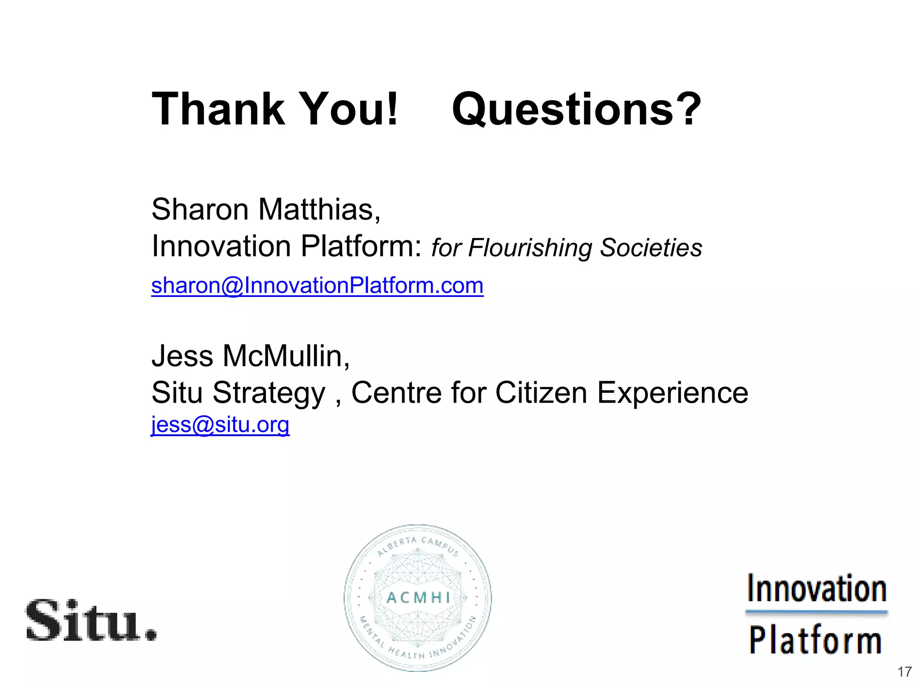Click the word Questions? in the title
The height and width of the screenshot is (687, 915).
click(x=576, y=110)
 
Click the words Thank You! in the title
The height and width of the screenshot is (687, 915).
click(x=274, y=109)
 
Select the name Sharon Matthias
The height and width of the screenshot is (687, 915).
click(x=265, y=209)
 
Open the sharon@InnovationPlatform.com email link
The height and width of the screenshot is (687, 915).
click(x=317, y=286)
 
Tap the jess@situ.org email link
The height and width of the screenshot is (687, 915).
click(x=220, y=425)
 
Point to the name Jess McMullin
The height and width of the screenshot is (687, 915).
click(x=250, y=356)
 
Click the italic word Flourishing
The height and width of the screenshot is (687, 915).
click(x=530, y=248)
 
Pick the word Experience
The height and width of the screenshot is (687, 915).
click(x=672, y=394)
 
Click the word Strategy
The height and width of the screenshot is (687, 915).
click(x=269, y=394)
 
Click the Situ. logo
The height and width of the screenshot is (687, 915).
click(x=91, y=620)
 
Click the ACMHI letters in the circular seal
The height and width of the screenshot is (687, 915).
click(x=418, y=598)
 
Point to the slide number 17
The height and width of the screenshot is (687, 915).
click(x=904, y=672)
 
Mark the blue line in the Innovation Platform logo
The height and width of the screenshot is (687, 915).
click(x=816, y=611)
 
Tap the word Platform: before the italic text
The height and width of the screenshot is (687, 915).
click(x=361, y=246)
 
